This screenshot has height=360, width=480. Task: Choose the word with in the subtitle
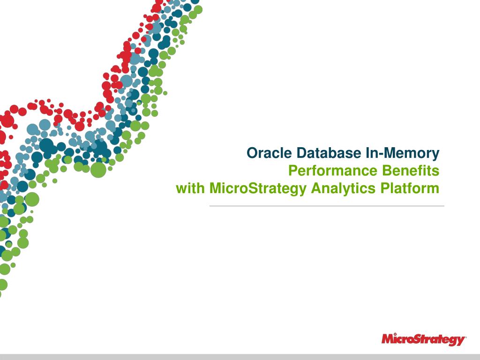190,188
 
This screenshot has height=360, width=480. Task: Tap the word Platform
410,188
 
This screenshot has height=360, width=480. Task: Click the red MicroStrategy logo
424,339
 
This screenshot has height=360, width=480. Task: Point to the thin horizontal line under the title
327,206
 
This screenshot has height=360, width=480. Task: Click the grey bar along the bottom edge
240,357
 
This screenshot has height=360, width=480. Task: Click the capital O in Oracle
252,153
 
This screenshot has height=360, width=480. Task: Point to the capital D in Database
301,153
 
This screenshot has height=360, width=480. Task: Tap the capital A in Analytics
316,188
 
